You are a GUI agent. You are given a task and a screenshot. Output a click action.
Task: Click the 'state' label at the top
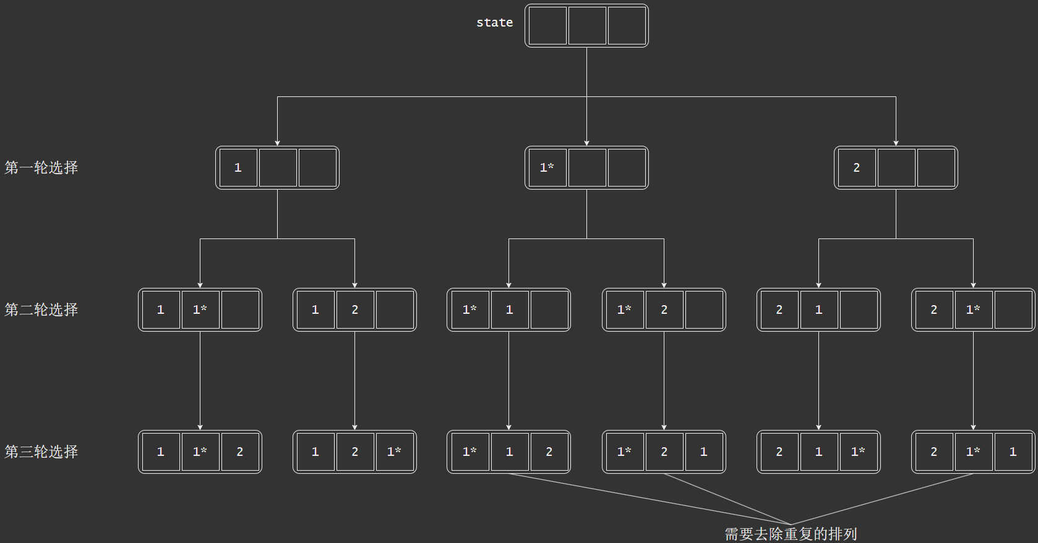coord(494,23)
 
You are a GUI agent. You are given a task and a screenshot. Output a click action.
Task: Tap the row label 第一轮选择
coord(41,167)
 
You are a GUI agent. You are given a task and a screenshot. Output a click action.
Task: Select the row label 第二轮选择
coord(41,309)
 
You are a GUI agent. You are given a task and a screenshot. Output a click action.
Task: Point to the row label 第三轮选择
coord(41,452)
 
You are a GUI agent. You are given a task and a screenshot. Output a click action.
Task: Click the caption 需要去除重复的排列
coord(791,534)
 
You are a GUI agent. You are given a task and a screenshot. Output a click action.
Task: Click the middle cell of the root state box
coord(587,26)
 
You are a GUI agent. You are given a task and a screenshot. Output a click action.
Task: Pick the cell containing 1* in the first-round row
coord(547,167)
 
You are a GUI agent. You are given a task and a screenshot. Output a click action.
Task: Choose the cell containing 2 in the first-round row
coord(856,167)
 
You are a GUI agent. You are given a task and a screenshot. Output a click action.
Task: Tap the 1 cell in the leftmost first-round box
coord(238,167)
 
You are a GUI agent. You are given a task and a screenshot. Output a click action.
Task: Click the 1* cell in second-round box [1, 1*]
coord(200,309)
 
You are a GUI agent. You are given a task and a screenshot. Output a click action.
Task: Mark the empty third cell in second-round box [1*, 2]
coord(704,309)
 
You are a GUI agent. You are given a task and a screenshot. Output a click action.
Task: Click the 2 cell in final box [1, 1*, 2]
coord(240,452)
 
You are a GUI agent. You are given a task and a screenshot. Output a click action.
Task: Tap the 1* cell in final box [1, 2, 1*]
coord(394,452)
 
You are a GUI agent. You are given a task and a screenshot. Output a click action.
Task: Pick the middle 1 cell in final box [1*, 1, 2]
coord(509,452)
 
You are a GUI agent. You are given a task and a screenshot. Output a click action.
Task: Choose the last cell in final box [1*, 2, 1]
coord(704,452)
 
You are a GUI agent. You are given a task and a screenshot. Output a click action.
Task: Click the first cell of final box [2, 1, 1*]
coord(779,452)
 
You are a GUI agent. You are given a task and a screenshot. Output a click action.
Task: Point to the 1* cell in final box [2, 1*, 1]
coord(973,452)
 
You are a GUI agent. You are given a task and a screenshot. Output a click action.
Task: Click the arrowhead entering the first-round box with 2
coord(896,143)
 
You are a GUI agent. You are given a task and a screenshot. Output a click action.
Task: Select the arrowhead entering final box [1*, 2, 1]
coord(664,427)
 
